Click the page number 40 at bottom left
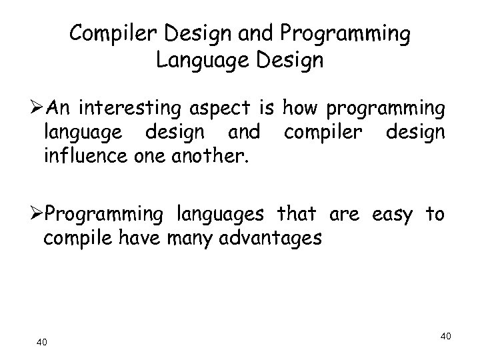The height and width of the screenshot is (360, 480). pos(41,343)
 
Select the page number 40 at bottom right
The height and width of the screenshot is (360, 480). pos(446,337)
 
